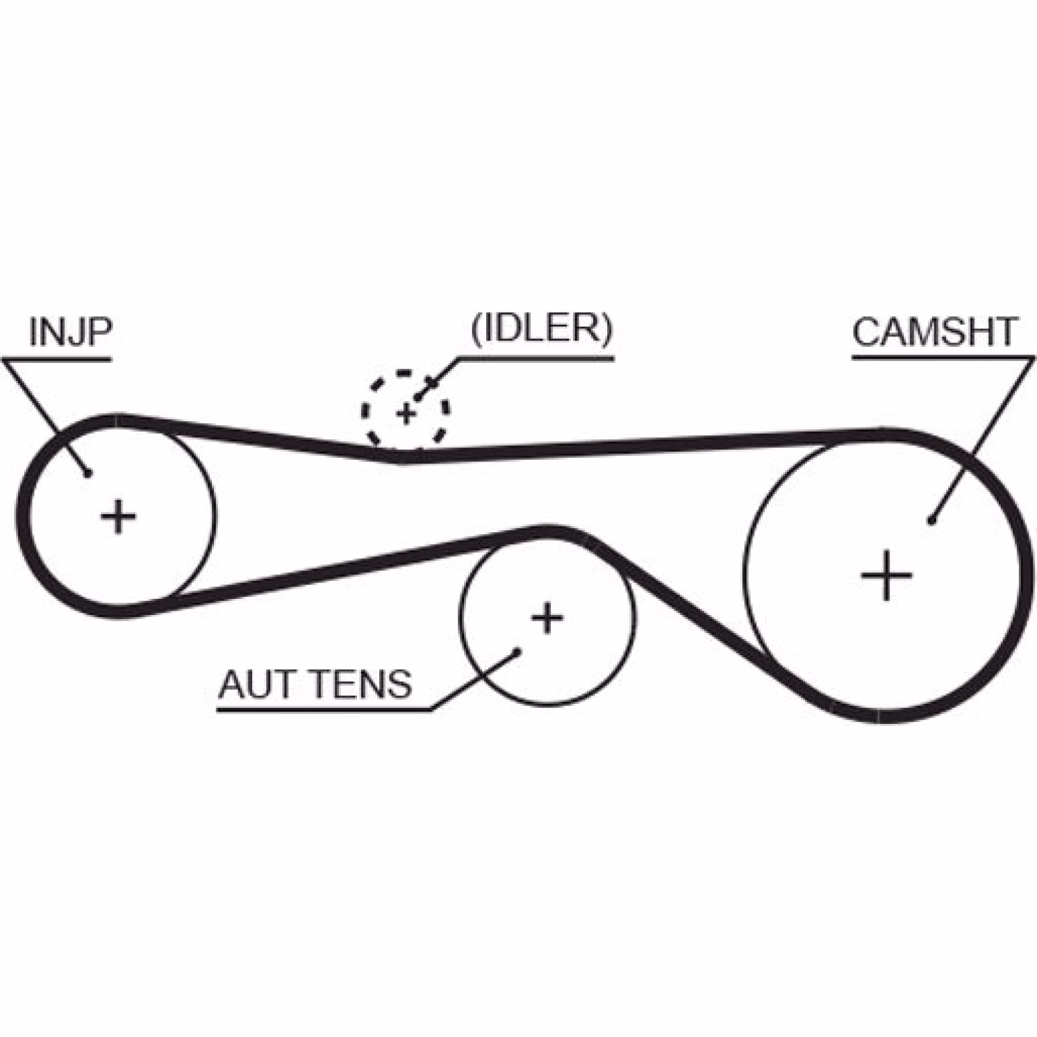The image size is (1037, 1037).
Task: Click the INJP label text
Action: (70, 331)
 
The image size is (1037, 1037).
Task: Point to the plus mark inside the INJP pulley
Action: (119, 517)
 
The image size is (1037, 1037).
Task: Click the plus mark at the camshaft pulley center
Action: (887, 575)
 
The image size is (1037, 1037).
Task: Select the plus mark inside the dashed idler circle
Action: (406, 413)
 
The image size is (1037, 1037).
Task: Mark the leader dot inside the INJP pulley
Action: (88, 473)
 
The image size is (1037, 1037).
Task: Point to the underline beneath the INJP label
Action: (58, 359)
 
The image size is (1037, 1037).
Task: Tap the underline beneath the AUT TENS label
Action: (324, 710)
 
